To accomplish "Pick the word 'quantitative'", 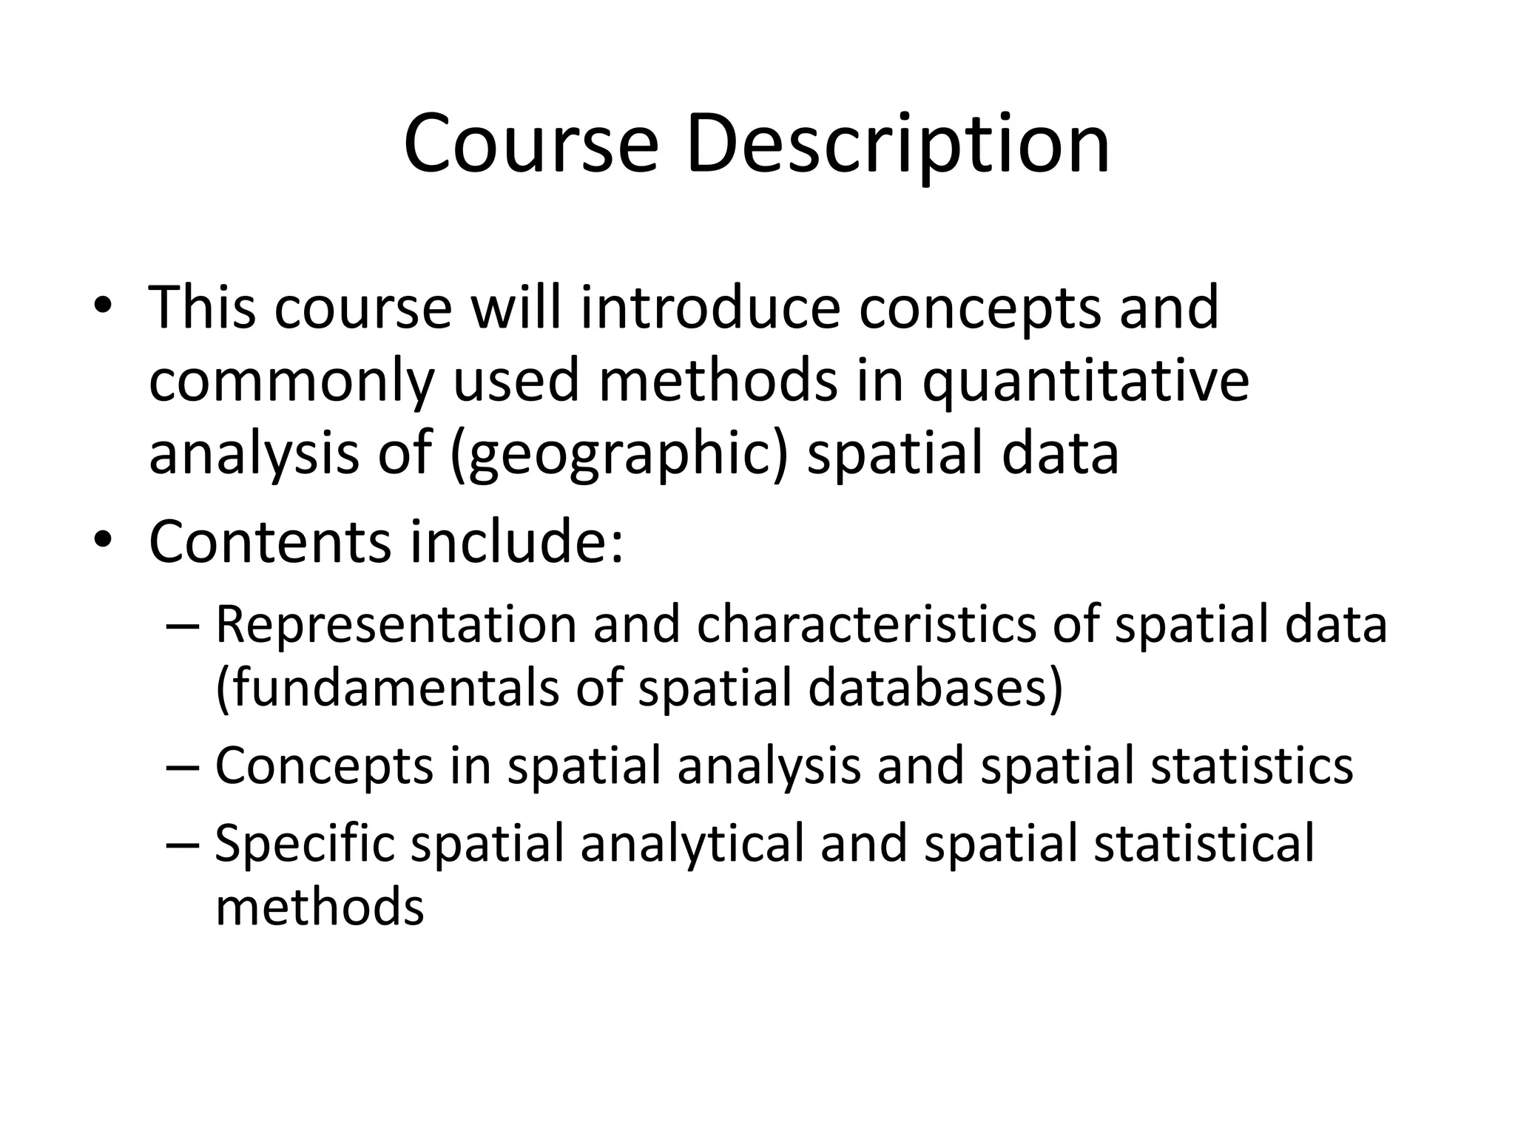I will click(x=1085, y=383).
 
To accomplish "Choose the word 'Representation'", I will click(x=396, y=625).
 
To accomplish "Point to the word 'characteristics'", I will click(x=866, y=625).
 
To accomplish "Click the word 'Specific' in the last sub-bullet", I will click(x=304, y=844).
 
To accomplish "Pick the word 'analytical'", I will click(x=692, y=844).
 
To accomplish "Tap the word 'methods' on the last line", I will click(x=320, y=907).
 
